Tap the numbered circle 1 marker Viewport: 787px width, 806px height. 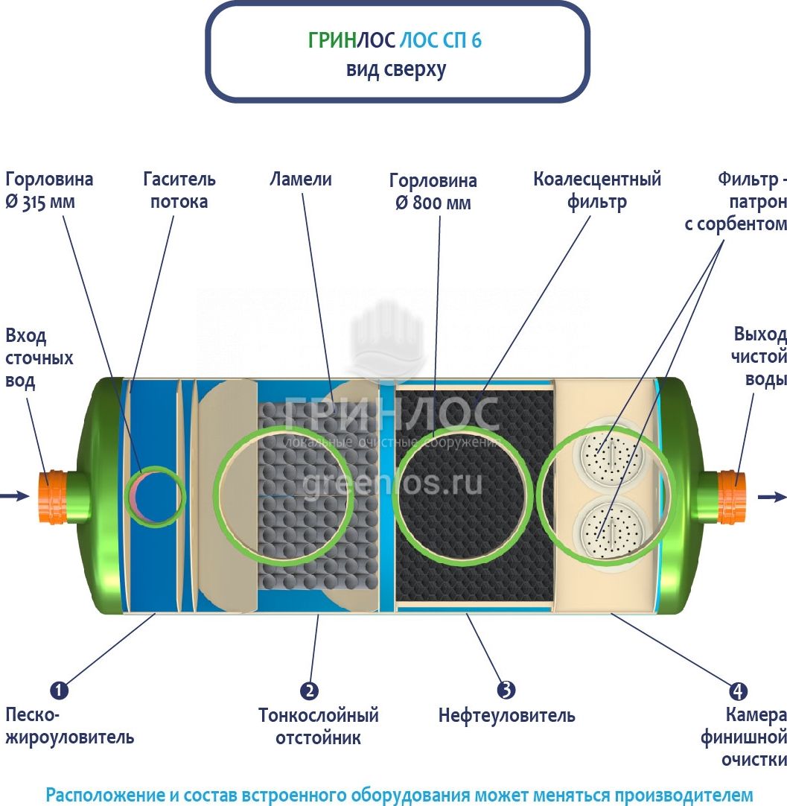point(60,691)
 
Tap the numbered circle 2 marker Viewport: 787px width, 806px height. point(309,691)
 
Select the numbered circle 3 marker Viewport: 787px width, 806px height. point(507,690)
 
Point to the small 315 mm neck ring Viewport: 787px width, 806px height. point(156,495)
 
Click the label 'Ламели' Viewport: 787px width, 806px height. point(301,180)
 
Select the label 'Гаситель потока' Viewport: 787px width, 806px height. point(179,190)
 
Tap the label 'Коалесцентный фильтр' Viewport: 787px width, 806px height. point(597,190)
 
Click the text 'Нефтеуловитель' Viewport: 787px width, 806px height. point(506,716)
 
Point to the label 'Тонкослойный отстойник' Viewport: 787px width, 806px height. point(318,726)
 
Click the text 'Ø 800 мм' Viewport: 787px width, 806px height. point(433,203)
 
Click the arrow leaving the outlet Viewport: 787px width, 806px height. point(772,497)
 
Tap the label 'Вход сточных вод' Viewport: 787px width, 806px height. point(39,358)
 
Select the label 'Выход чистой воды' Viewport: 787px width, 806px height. point(759,356)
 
